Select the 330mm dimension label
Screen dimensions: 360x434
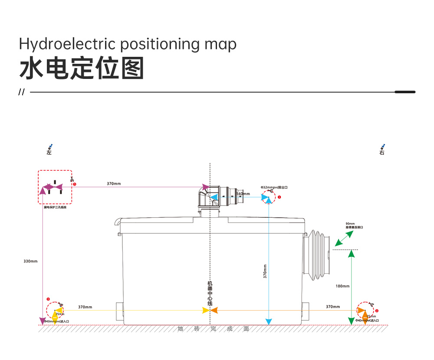(x=30, y=261)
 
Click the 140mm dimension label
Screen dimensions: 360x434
(x=243, y=194)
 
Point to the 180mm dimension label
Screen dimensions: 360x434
(x=342, y=286)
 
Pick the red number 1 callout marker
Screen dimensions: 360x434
(x=279, y=197)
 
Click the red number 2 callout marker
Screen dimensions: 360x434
(x=377, y=311)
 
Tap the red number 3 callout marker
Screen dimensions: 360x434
(x=48, y=299)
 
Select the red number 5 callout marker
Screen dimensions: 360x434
(x=75, y=184)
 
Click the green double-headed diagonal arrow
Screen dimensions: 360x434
(x=343, y=238)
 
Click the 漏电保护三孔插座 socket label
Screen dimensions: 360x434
(x=55, y=208)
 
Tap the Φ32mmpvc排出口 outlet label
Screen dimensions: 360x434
(x=274, y=187)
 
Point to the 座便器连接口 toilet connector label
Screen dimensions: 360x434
(x=354, y=227)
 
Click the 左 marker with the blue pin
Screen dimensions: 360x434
(x=49, y=150)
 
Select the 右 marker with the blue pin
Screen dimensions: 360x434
(x=382, y=150)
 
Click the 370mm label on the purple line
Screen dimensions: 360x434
(x=114, y=183)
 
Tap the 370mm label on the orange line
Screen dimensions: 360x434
(x=333, y=307)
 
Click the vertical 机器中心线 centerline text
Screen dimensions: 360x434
(x=210, y=293)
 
